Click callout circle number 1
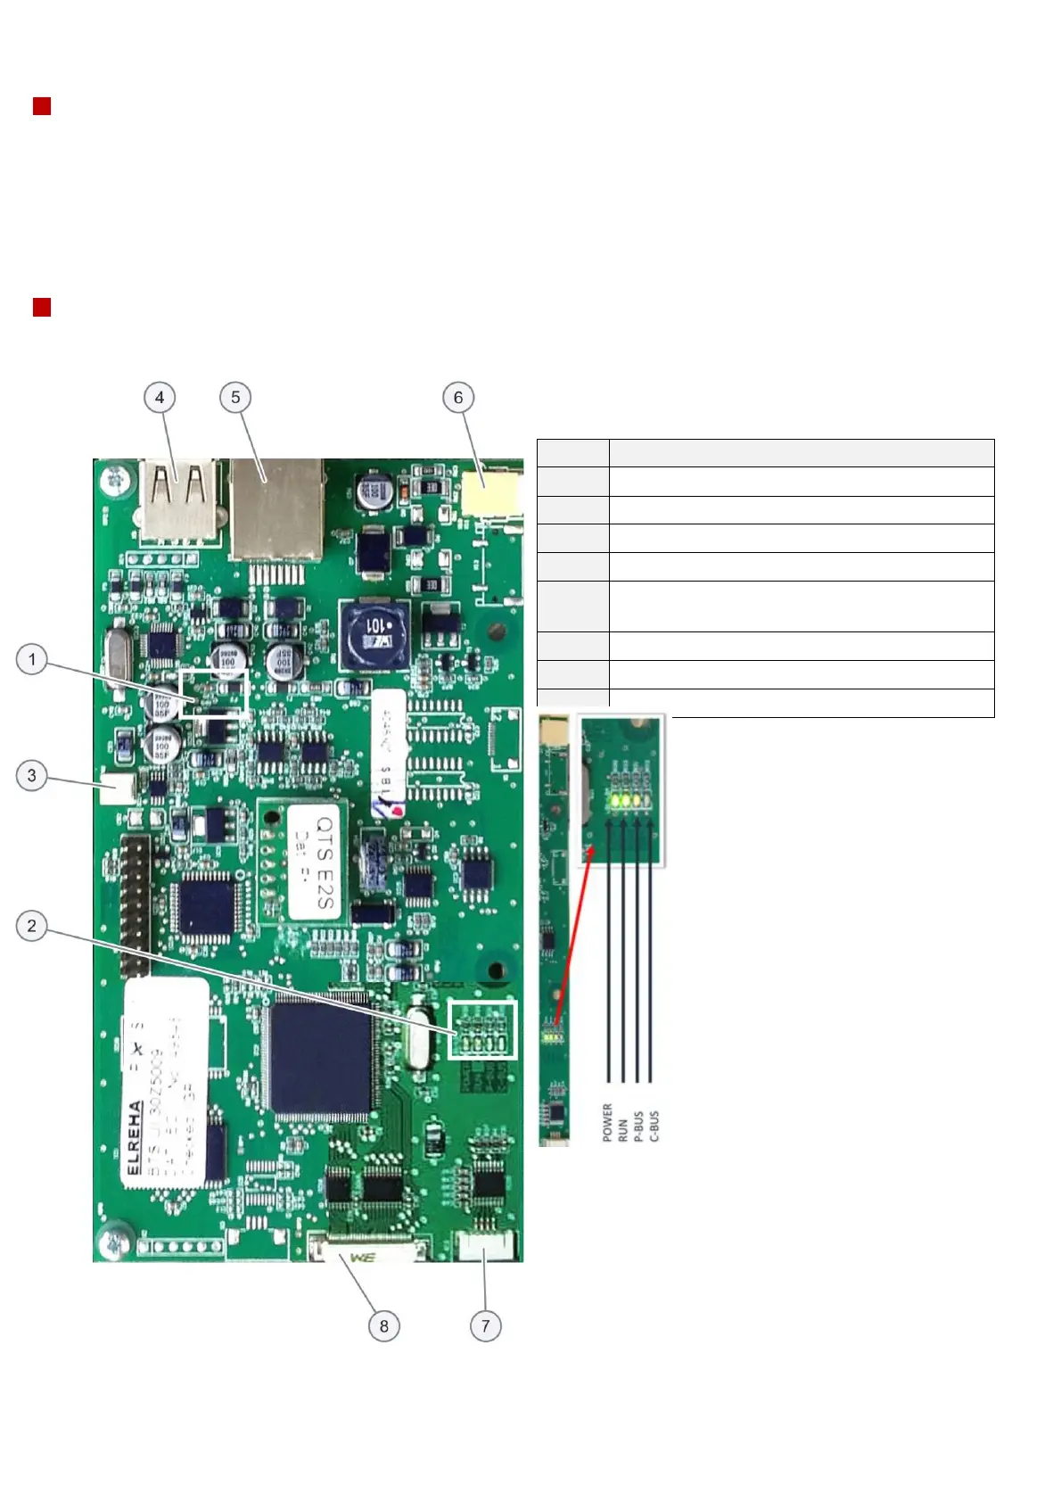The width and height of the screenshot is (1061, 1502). [32, 660]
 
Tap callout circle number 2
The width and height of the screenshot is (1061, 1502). [32, 926]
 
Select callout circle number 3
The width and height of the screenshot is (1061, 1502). [32, 775]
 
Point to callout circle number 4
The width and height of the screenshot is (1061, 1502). [160, 398]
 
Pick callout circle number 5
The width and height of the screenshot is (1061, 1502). [235, 398]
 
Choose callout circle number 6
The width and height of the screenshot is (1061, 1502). [458, 398]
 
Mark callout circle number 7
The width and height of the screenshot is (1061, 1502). [485, 1325]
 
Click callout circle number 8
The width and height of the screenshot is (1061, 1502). [384, 1325]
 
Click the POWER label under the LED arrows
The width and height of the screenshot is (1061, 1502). [608, 1122]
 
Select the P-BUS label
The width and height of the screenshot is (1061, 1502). [638, 1126]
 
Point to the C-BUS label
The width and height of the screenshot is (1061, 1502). [654, 1126]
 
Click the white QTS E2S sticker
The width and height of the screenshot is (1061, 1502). [313, 862]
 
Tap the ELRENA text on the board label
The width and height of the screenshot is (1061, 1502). [135, 1138]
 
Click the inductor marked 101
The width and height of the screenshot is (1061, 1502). [374, 634]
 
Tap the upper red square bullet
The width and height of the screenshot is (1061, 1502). [42, 107]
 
